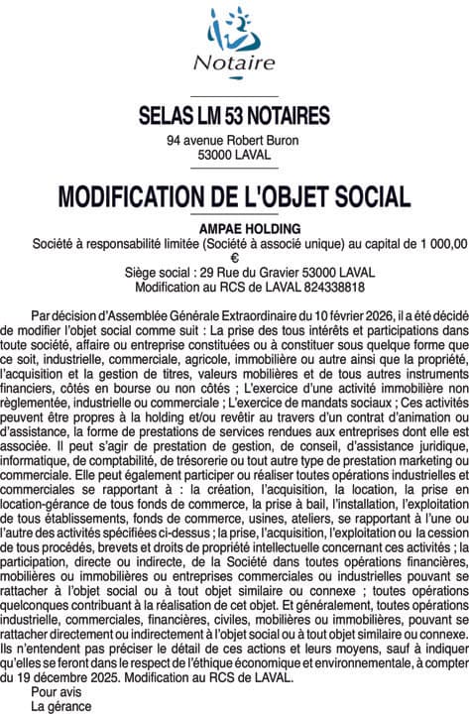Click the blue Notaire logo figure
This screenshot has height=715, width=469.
(235, 27)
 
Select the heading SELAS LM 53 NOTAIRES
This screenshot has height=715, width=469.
(234, 116)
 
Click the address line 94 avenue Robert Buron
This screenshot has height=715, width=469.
(233, 141)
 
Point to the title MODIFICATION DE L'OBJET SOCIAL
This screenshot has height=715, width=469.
(234, 195)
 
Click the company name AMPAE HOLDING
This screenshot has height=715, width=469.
(234, 227)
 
